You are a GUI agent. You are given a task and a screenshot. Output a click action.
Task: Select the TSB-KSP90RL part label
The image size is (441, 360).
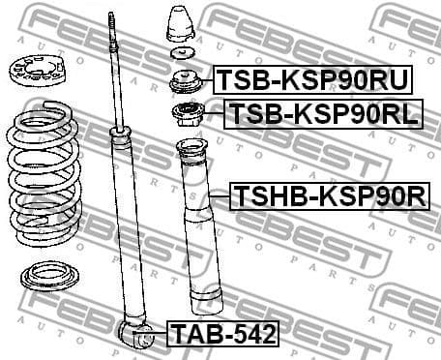tap(323, 115)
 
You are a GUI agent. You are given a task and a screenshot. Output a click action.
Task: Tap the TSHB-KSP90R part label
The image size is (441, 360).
tap(329, 197)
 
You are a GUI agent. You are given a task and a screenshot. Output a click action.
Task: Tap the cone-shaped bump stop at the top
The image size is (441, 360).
tap(181, 25)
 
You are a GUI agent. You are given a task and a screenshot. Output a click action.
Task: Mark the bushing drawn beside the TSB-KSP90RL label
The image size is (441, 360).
tap(185, 118)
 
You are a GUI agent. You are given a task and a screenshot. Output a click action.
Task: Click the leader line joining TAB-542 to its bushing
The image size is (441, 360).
tap(160, 336)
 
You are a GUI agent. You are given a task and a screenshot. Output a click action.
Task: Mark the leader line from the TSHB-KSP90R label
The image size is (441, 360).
tap(220, 198)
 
